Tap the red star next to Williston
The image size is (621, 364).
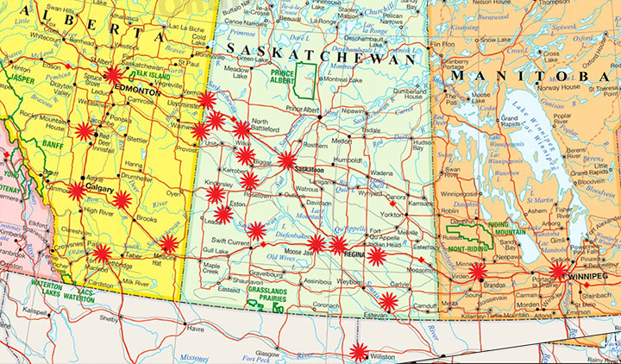[359, 351]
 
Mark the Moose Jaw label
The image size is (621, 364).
[298, 251]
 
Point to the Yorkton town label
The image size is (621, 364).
[392, 214]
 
